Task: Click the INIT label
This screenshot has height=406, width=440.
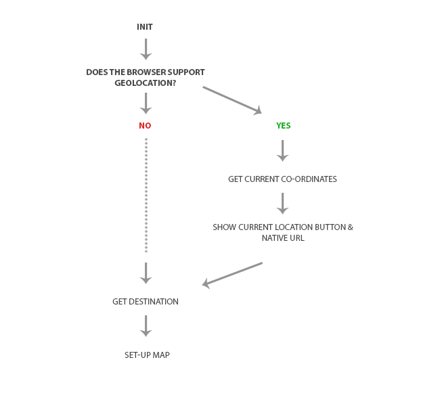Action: [x=145, y=27]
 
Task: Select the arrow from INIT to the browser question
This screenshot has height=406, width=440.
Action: [x=146, y=49]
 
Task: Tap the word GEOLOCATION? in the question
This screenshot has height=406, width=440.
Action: [x=146, y=83]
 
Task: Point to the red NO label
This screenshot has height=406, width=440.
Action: [x=145, y=126]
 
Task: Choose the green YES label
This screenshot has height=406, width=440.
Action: [x=284, y=126]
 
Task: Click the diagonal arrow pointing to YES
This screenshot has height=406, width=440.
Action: [x=232, y=100]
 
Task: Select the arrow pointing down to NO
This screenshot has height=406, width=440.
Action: [x=146, y=104]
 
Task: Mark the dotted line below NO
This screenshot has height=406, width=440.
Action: [x=146, y=196]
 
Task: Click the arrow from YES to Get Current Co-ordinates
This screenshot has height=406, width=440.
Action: [x=282, y=151]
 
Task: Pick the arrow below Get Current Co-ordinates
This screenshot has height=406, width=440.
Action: [x=282, y=204]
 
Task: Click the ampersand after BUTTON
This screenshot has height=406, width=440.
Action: [x=351, y=227]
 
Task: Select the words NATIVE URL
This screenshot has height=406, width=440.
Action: [x=283, y=238]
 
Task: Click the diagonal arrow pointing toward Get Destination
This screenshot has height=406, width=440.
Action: [x=232, y=275]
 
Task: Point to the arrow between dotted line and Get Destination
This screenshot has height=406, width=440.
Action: [x=146, y=273]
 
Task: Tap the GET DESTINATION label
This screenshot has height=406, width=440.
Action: [x=146, y=302]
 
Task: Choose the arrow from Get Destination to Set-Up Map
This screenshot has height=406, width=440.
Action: [x=146, y=326]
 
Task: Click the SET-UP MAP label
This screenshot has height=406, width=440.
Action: [x=147, y=355]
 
